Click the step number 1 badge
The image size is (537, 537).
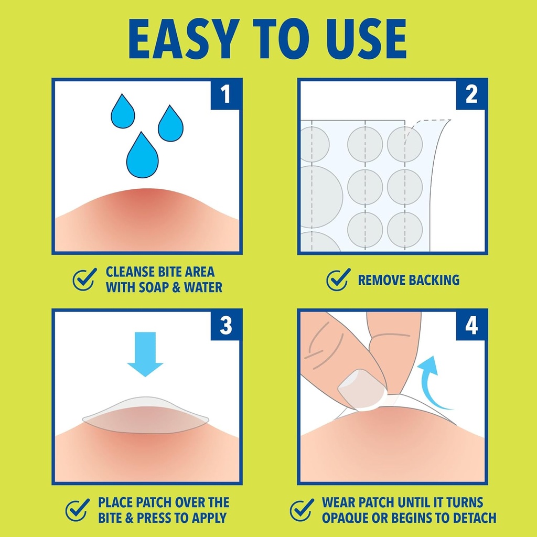(226, 94)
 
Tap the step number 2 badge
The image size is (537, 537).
(471, 94)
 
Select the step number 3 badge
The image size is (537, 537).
(226, 325)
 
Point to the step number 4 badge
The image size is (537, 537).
(471, 325)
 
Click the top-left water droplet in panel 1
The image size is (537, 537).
(123, 111)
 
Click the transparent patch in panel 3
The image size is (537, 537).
(145, 416)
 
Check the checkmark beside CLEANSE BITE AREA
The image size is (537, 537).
(84, 279)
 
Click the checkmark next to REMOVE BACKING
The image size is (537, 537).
(338, 279)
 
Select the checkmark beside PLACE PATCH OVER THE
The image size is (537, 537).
(78, 510)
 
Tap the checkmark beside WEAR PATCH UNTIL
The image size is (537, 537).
(302, 510)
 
